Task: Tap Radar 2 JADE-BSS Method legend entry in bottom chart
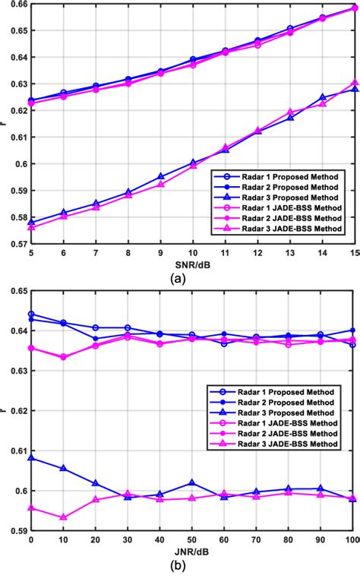pos(286,441)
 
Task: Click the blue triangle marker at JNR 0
pos(31,458)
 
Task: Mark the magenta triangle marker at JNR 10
pos(63,517)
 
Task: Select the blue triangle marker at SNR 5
pos(31,223)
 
